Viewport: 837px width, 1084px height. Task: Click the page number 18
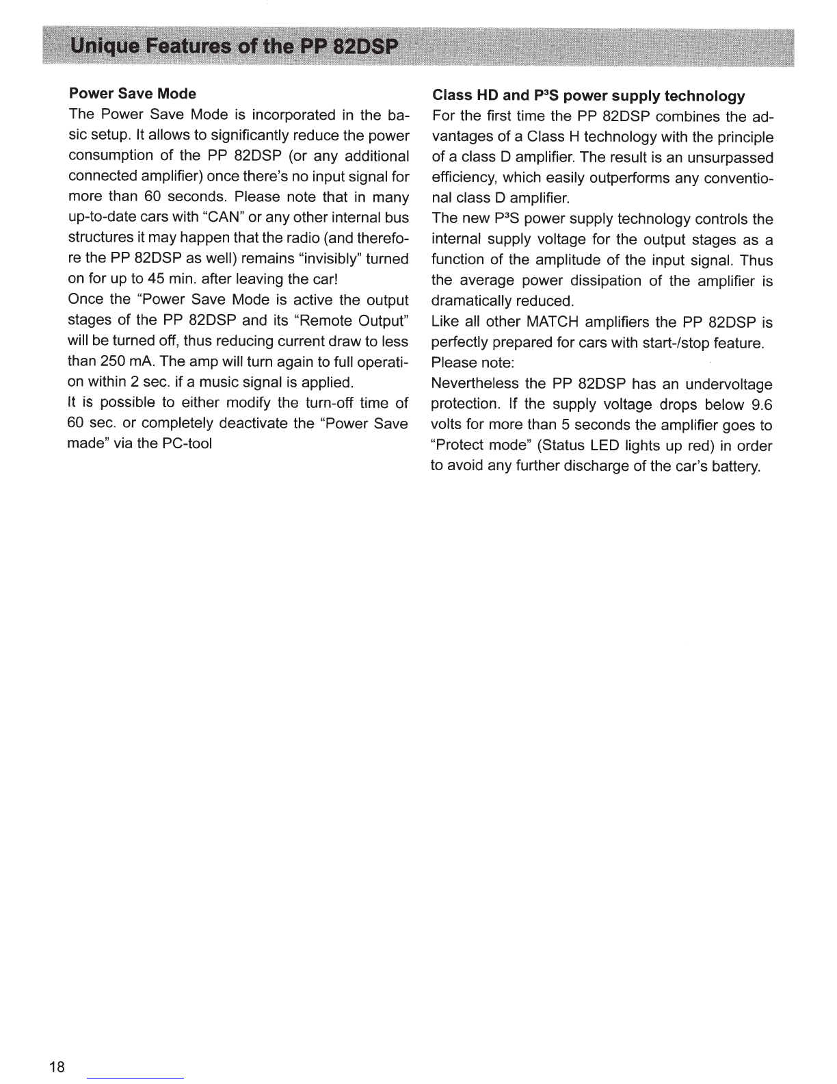(57, 1067)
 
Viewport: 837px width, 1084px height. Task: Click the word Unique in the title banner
(108, 47)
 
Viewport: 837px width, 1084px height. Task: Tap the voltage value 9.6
(761, 404)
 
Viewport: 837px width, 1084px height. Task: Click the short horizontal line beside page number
(135, 1078)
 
